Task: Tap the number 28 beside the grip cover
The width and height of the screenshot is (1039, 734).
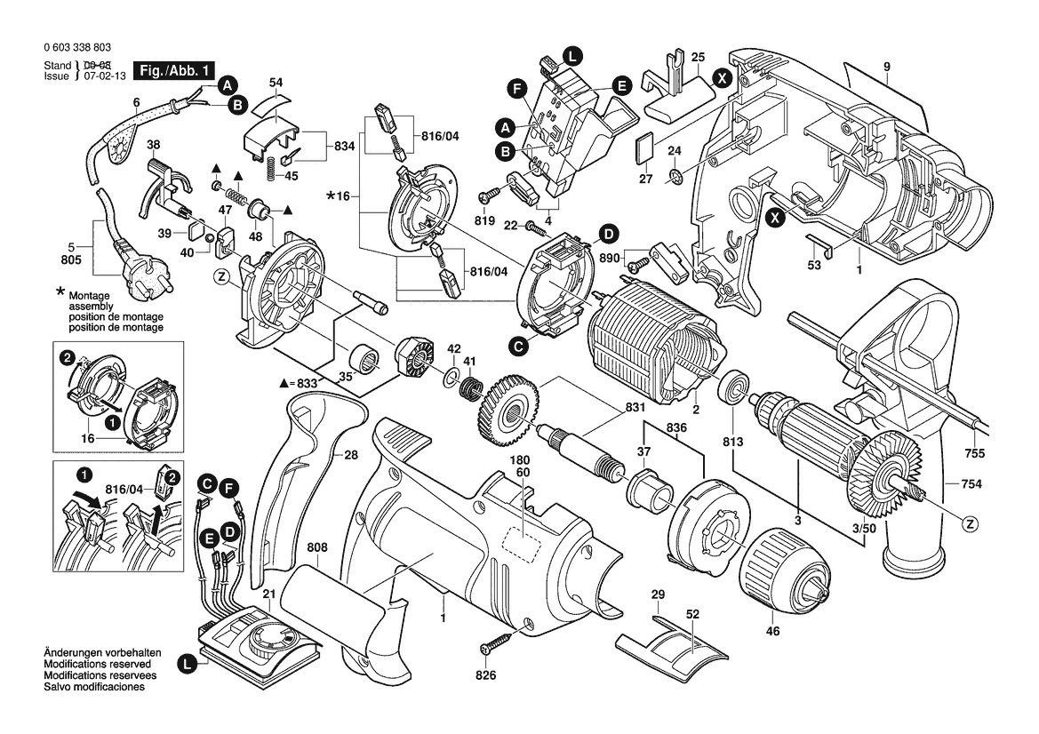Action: (351, 455)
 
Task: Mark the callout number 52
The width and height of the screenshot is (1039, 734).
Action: (693, 615)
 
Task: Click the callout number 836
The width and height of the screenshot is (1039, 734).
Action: (677, 428)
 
